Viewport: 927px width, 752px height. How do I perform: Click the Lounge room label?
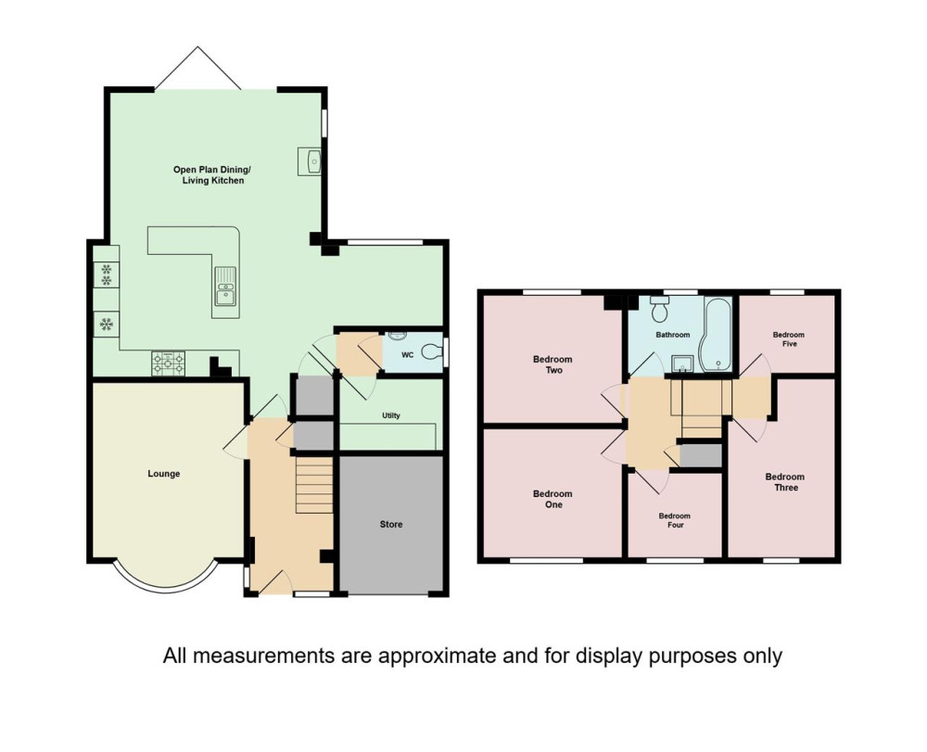pyautogui.click(x=164, y=474)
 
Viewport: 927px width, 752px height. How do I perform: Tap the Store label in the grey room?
pyautogui.click(x=391, y=525)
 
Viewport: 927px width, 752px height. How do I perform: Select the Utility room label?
pyautogui.click(x=391, y=415)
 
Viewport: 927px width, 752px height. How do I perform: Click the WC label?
pyautogui.click(x=407, y=355)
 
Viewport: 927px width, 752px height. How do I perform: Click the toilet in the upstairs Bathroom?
pyautogui.click(x=658, y=307)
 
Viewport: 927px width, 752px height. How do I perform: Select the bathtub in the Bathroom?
pyautogui.click(x=716, y=335)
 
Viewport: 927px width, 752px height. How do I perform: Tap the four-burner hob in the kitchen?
pyautogui.click(x=169, y=363)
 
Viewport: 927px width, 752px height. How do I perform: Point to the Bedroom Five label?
pyautogui.click(x=789, y=339)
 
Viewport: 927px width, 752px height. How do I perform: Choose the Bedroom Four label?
pyautogui.click(x=675, y=520)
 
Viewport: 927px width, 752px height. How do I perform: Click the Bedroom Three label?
pyautogui.click(x=785, y=482)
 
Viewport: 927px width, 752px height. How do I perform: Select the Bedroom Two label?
pyautogui.click(x=552, y=364)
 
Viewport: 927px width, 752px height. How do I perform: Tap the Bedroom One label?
pyautogui.click(x=552, y=499)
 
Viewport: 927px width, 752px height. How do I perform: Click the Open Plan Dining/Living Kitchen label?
pyautogui.click(x=211, y=175)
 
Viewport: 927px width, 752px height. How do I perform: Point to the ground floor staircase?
pyautogui.click(x=313, y=484)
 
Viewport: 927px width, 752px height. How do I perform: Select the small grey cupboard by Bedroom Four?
pyautogui.click(x=701, y=456)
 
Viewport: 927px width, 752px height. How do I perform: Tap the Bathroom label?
pyautogui.click(x=673, y=335)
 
